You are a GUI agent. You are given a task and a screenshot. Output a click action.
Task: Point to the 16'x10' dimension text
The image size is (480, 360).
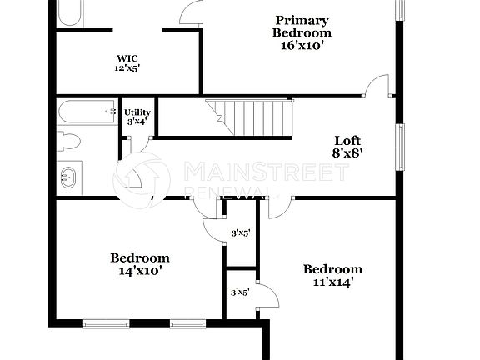point(302,46)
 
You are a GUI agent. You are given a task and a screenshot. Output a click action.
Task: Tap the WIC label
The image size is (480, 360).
point(127,58)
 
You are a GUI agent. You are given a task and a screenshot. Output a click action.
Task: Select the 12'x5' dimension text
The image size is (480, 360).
point(127,68)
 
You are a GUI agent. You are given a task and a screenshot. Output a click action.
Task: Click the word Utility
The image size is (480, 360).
point(137,112)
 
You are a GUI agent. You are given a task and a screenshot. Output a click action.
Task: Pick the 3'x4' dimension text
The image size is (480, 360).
point(137,122)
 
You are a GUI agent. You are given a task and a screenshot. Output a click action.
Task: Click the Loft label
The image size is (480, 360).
point(347,140)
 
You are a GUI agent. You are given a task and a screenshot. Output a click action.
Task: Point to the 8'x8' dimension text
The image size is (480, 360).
point(347,152)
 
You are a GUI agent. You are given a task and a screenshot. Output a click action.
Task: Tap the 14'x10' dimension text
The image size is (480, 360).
point(140,270)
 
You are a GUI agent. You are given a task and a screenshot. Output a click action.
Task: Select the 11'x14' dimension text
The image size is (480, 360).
point(332,281)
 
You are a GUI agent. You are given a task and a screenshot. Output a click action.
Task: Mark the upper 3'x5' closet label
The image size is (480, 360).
point(240,232)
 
